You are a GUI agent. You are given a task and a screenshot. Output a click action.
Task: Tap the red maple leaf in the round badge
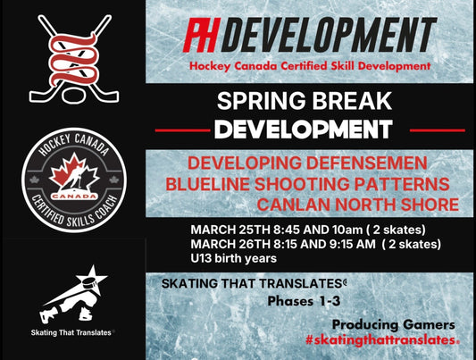72,166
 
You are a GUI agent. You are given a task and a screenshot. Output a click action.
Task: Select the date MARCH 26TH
229,241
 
